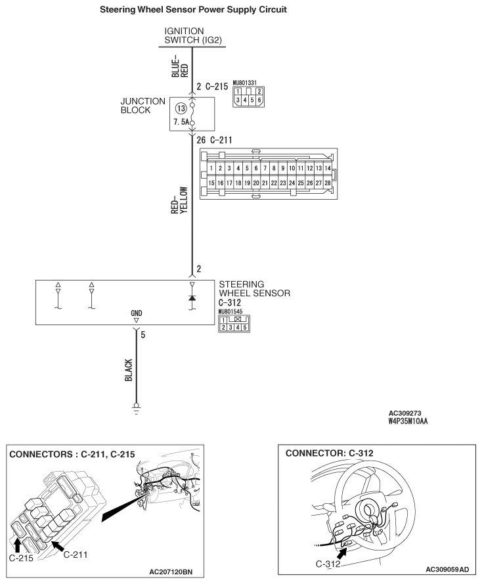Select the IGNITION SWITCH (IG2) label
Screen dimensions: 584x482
pos(193,35)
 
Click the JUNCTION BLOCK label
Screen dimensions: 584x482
pos(142,106)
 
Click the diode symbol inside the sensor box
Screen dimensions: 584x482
pos(192,298)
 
